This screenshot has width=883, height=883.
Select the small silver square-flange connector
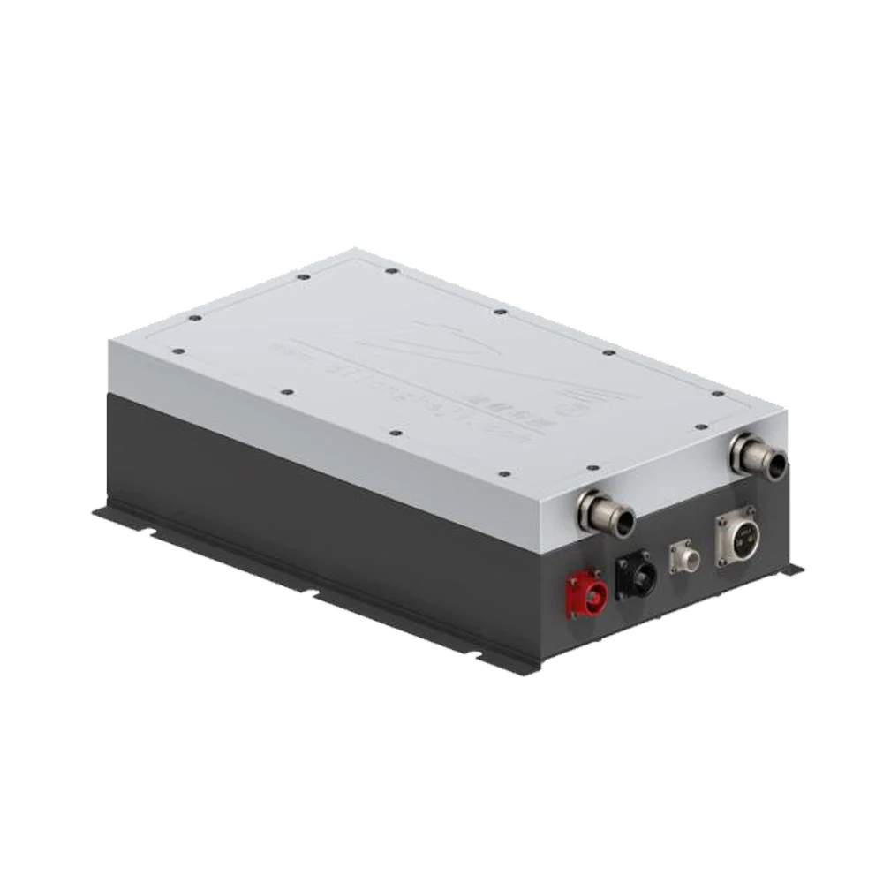tap(683, 554)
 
